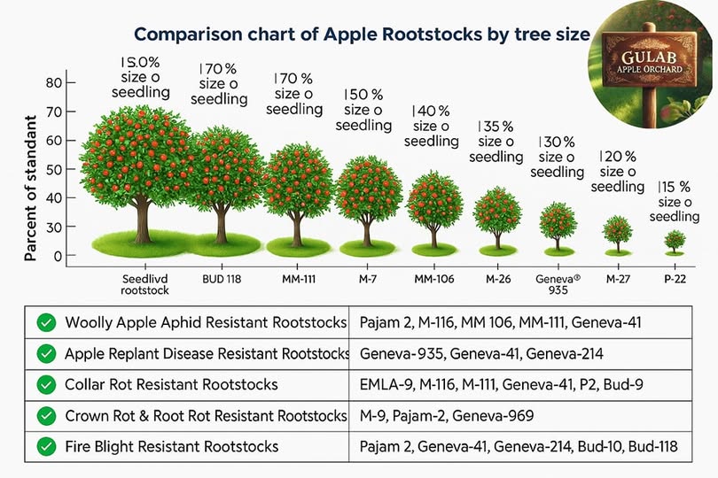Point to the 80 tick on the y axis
point(54,83)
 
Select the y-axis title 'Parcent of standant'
point(29,186)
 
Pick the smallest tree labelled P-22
point(675,240)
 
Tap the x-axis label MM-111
point(297,280)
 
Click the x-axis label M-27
point(617,280)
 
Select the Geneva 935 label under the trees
point(558,284)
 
